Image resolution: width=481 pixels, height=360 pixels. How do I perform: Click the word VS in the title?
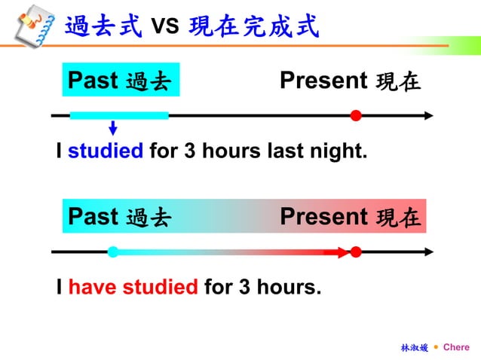point(164,27)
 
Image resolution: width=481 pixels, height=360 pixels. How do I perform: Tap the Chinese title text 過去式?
point(103,26)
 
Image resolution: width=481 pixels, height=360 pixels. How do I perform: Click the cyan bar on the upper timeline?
point(119,115)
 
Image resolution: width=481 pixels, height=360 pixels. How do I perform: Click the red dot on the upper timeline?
point(356,115)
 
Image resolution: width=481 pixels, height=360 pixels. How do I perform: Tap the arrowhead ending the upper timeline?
point(429,115)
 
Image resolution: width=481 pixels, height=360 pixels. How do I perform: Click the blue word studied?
point(106,151)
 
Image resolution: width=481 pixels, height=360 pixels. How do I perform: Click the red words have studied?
point(133,287)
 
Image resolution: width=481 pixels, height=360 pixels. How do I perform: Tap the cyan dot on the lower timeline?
point(112,252)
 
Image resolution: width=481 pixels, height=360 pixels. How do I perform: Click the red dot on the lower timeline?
point(356,252)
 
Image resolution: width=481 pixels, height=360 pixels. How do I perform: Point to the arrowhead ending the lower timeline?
point(429,252)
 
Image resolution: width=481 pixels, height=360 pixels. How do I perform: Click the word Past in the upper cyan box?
point(93,80)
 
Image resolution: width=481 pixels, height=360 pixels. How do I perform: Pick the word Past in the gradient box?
point(93,217)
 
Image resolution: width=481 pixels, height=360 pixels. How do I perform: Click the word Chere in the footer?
point(456,347)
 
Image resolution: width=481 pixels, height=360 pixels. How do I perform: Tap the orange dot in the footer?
point(436,347)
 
